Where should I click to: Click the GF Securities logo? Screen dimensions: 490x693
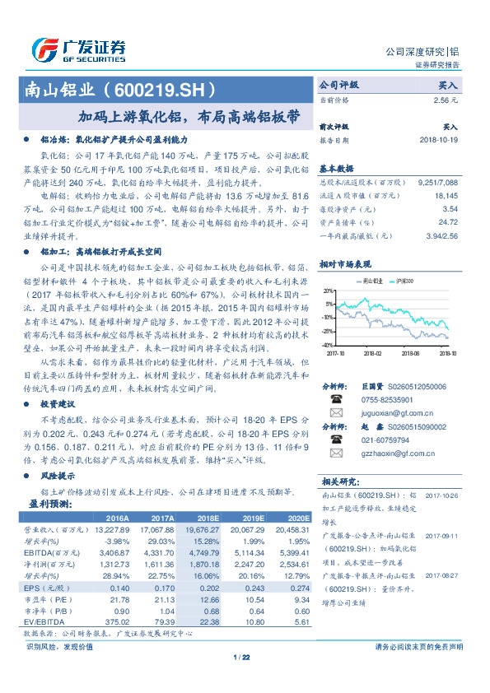point(79,48)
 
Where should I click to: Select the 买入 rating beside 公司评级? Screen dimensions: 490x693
point(447,85)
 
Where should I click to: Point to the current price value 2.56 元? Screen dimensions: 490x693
point(446,99)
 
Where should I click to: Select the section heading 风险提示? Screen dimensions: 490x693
point(58,476)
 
